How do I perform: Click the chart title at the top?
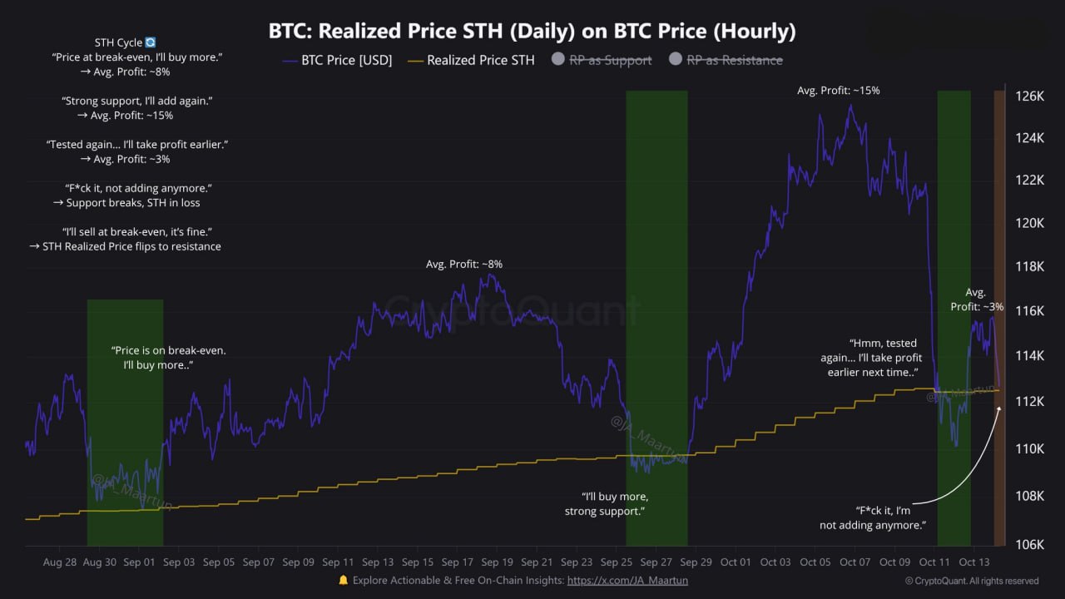[x=532, y=32]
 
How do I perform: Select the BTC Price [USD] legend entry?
[x=337, y=60]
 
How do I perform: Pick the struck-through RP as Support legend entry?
[x=610, y=60]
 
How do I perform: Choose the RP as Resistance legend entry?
[x=734, y=60]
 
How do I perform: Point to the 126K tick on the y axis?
[x=1029, y=97]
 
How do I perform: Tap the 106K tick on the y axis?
[x=1029, y=545]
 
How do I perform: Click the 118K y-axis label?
[x=1029, y=267]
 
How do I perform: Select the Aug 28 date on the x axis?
[x=60, y=562]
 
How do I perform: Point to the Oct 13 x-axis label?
[x=973, y=562]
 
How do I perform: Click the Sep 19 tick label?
[x=498, y=562]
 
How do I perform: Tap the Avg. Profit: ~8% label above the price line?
[x=464, y=264]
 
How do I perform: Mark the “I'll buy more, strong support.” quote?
[x=604, y=504]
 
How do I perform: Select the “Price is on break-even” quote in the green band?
[x=169, y=358]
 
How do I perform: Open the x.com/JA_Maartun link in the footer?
[x=627, y=581]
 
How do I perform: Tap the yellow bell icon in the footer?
[x=343, y=581]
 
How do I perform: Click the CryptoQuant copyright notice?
[x=972, y=581]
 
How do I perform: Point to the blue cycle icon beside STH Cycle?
[x=151, y=42]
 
